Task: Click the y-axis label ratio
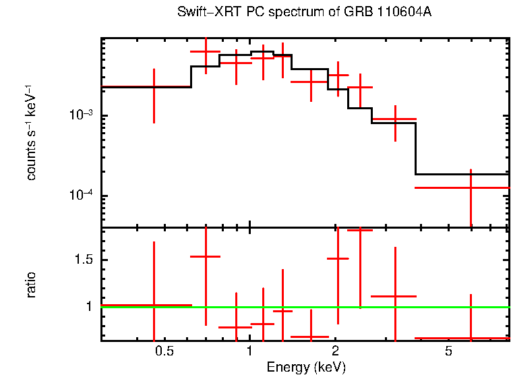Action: pos(31,285)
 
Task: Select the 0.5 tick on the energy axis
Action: pos(164,351)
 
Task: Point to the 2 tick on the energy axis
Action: pos(335,351)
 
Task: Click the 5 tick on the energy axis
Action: pos(448,351)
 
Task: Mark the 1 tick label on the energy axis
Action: pos(249,351)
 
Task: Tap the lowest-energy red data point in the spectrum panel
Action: pos(154,87)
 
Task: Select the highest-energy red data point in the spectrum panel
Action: pos(471,187)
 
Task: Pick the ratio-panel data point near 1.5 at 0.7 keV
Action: pos(206,256)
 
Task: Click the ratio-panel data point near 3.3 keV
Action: pos(394,296)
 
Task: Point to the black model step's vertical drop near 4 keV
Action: pos(415,148)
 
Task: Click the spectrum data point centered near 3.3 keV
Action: pos(394,119)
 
